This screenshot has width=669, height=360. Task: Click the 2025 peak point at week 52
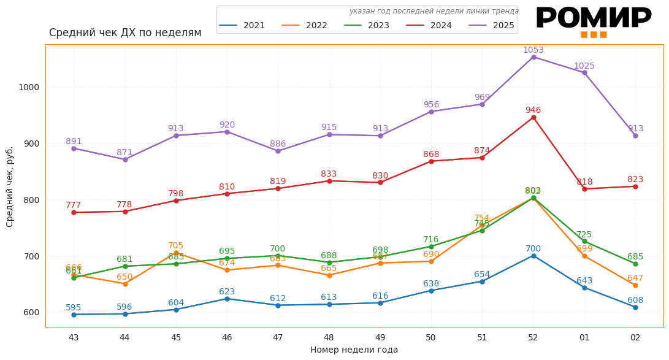(x=533, y=57)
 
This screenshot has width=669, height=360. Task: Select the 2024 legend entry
(x=430, y=26)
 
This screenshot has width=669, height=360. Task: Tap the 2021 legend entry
(x=243, y=26)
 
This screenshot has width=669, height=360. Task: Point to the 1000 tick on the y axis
(x=29, y=87)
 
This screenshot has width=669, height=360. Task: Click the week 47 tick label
(x=278, y=337)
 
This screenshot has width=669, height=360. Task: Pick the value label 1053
(x=533, y=50)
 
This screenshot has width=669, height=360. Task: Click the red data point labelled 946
(x=533, y=117)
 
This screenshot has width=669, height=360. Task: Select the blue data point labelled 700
(x=533, y=256)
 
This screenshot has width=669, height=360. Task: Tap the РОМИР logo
(x=594, y=20)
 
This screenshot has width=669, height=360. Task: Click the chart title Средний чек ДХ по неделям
(x=125, y=33)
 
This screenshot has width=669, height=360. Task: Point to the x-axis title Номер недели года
(x=354, y=350)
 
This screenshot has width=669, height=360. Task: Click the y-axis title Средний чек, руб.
(x=10, y=186)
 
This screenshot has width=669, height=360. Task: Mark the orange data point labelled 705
(x=176, y=253)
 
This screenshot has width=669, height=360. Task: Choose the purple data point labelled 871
(x=125, y=159)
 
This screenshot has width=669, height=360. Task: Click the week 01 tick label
(x=584, y=337)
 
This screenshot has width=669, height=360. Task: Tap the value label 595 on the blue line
(x=74, y=308)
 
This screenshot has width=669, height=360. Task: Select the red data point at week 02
(x=635, y=186)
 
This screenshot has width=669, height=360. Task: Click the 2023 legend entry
(x=367, y=26)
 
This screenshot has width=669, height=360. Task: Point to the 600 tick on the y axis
(x=31, y=312)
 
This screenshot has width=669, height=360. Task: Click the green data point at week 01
(x=584, y=242)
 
